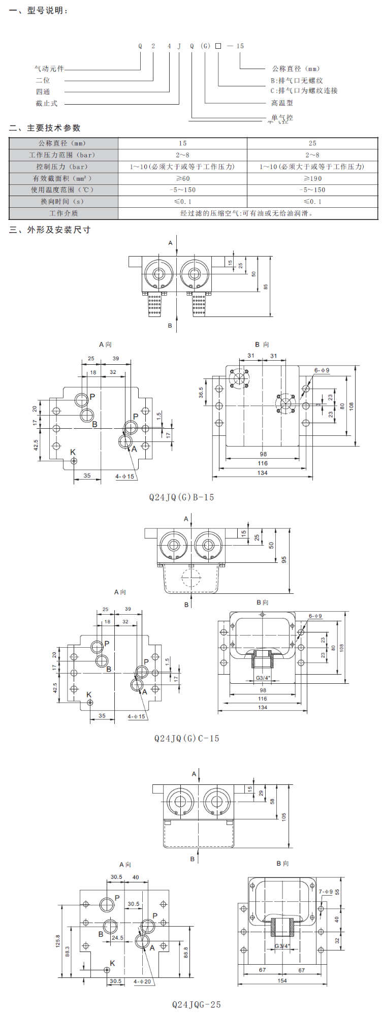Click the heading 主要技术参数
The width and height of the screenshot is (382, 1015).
(53, 128)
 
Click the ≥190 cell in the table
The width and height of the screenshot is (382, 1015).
(312, 178)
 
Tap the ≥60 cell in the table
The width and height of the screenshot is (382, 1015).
(182, 178)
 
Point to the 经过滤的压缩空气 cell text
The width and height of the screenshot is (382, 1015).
(247, 213)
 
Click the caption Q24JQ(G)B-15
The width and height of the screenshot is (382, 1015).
(181, 497)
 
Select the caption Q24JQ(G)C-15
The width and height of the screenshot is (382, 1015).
(186, 738)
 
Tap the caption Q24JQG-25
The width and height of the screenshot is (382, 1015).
(196, 1004)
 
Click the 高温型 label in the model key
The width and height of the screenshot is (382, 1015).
(282, 103)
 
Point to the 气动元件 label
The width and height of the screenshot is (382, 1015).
(49, 69)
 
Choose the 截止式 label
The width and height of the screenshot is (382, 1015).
(47, 104)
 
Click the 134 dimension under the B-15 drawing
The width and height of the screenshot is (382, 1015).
(262, 473)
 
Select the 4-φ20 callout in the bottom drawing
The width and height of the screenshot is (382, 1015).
(142, 981)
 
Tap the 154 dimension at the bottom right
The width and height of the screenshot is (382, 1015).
(282, 980)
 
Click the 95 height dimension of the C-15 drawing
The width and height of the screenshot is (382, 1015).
(284, 559)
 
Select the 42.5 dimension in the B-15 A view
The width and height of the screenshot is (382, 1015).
(36, 445)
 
